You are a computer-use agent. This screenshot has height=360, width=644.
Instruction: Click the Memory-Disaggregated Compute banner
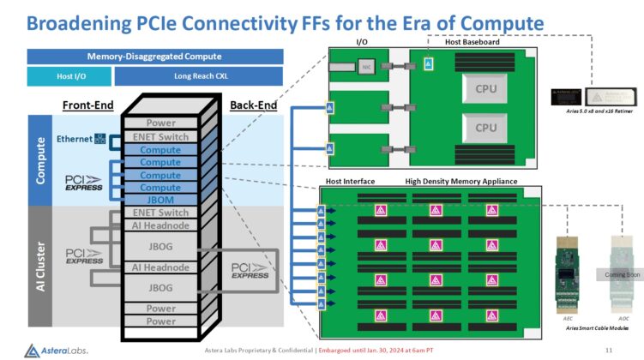pyautogui.click(x=154, y=56)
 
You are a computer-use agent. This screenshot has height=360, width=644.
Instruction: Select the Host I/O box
pyautogui.click(x=69, y=76)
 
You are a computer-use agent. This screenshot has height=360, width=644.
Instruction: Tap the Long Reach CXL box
pyautogui.click(x=198, y=76)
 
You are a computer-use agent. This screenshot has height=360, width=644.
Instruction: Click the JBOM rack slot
pyautogui.click(x=161, y=200)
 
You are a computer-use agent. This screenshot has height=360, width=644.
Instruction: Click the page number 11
pyautogui.click(x=609, y=350)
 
